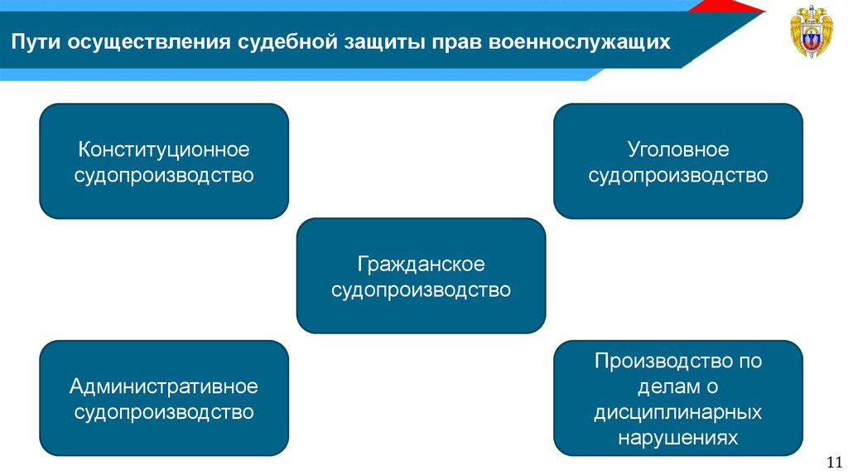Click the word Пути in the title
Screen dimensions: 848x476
(x=33, y=42)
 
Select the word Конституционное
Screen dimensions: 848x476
(x=164, y=150)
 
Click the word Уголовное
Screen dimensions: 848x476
(x=677, y=150)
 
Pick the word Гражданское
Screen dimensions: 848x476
(x=421, y=265)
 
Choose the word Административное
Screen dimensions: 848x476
(x=164, y=386)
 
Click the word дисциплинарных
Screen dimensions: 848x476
(x=677, y=412)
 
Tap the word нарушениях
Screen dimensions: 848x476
(x=677, y=438)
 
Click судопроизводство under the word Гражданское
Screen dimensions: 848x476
(x=421, y=290)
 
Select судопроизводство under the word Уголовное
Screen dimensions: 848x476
(x=677, y=176)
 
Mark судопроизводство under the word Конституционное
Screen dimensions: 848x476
(x=164, y=176)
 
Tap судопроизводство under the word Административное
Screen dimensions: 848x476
(x=164, y=412)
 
